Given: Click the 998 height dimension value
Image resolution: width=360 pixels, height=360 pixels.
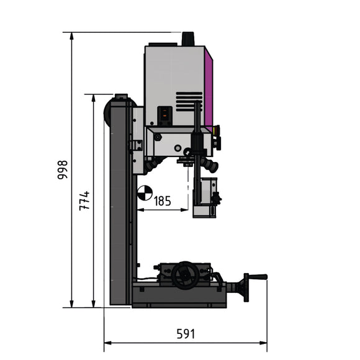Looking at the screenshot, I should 62,169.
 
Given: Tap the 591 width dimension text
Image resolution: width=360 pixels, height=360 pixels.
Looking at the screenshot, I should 185,334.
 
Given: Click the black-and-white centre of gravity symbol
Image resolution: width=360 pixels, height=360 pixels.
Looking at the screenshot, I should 145,193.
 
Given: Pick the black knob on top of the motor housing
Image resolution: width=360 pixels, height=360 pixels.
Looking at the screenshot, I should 187,38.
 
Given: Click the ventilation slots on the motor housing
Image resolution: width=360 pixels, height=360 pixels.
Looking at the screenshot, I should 189,101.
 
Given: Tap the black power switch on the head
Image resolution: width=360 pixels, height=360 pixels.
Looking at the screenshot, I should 164,114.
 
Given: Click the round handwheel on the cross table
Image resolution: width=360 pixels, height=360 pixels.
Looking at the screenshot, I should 185,276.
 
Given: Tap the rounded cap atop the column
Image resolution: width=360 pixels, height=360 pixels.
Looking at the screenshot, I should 120,97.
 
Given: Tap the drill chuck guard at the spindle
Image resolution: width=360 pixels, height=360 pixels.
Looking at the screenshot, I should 204,197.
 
